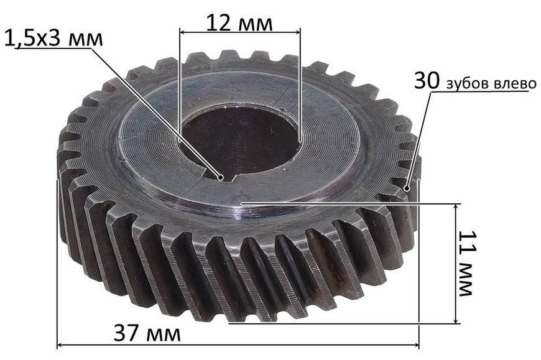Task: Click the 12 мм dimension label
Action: pos(239,23)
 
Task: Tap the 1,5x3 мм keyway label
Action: pos(54,38)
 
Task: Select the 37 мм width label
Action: pos(147,333)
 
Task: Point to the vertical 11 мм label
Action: pos(466,263)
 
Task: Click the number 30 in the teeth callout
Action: pos(427,81)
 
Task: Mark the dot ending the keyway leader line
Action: pos(220,177)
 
